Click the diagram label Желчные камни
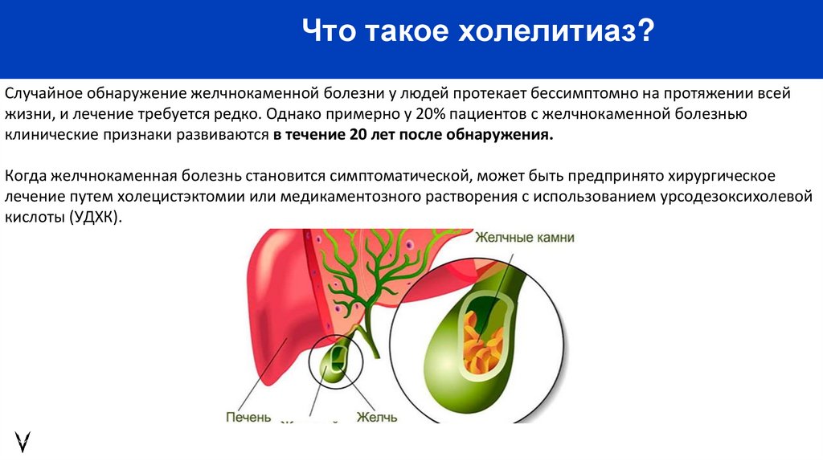coord(524,238)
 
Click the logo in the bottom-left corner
coord(23,440)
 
